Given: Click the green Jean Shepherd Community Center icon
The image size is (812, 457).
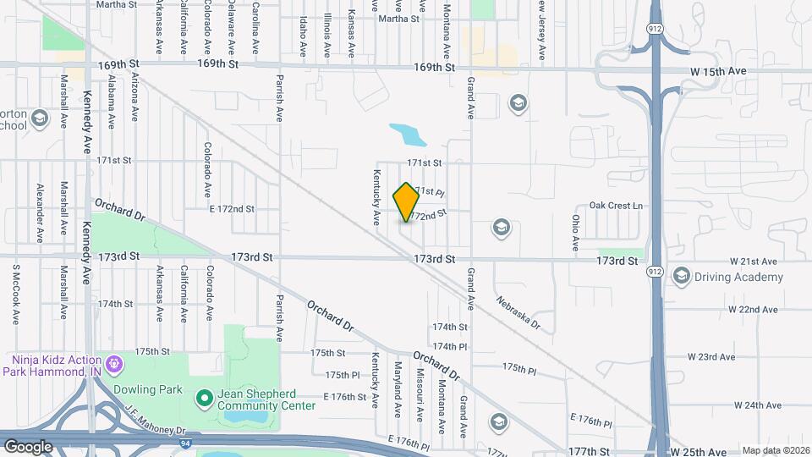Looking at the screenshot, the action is tap(203, 397).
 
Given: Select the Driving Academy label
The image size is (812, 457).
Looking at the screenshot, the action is tap(738, 277).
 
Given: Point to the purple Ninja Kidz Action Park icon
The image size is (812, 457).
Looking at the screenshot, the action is tap(116, 366).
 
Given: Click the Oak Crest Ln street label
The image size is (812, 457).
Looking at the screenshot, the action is tap(616, 206).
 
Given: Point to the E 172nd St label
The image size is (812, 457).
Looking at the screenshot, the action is tap(231, 208).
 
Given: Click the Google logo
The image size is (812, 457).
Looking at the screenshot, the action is tap(28, 446).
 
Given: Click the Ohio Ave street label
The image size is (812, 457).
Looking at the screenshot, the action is tap(574, 232).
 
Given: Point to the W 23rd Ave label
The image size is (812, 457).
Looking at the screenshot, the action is tap(710, 357).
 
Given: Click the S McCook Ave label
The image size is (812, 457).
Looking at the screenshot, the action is tap(15, 295).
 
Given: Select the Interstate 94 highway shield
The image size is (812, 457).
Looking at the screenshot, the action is tap(184, 442).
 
